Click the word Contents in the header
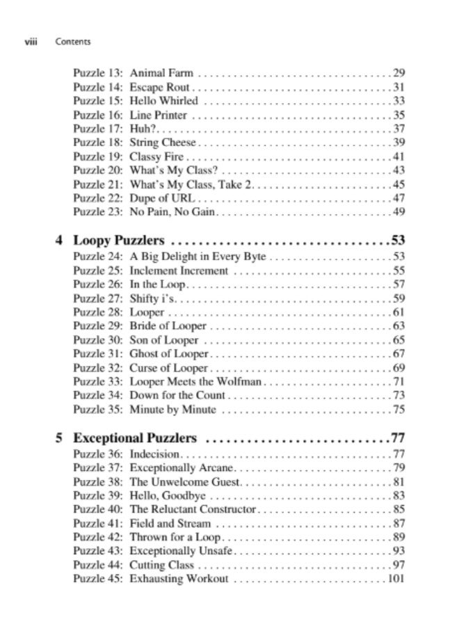pos(72,42)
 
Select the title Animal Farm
pos(161,73)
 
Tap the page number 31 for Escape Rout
pos(398,87)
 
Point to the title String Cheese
pos(163,143)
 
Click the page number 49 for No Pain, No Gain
pos(398,212)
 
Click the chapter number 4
pos(59,241)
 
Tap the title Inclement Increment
pos(179,271)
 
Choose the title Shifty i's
pos(153,298)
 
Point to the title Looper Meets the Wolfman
pos(195,382)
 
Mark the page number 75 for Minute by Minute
pos(398,410)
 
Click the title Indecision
pos(156,454)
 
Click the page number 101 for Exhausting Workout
pos(396,579)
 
